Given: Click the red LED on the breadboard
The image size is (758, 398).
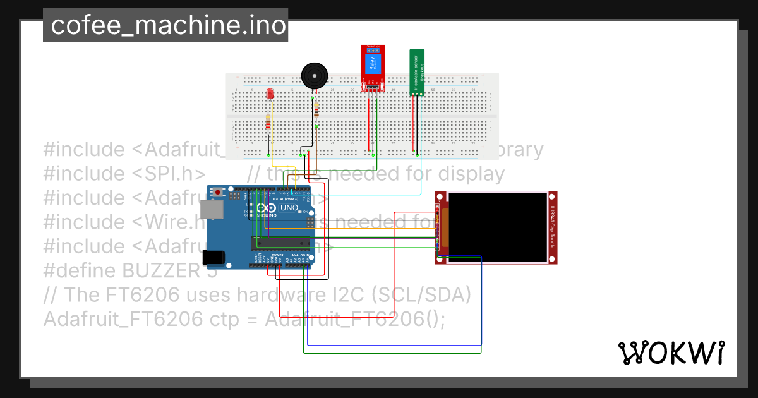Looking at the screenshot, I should (270, 94).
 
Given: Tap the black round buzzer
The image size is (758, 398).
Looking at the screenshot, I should (314, 76).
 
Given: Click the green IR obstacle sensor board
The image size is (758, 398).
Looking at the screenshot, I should (416, 71).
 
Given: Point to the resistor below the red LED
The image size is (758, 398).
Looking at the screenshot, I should (269, 122).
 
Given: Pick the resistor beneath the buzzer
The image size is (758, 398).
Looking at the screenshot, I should (316, 112).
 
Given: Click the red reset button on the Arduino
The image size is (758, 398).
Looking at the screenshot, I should (219, 191).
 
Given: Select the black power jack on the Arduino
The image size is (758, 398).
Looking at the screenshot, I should (213, 257).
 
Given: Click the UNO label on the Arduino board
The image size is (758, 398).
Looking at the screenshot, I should (289, 208).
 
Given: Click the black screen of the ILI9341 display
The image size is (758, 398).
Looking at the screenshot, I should (497, 227).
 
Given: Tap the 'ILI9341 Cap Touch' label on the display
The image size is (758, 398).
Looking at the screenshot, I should (551, 227).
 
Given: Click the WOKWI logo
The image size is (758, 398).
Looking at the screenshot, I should (671, 353).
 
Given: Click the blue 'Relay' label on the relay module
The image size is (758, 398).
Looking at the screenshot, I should (371, 63).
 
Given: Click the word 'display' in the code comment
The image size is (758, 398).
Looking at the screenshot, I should (468, 174).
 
